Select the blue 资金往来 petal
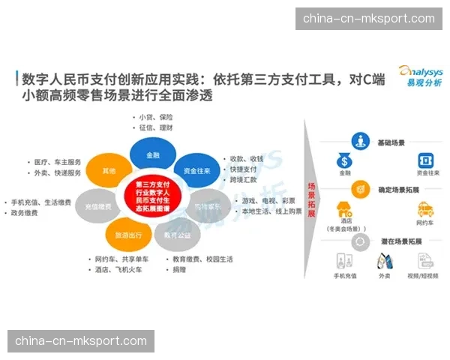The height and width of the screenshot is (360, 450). (194, 170)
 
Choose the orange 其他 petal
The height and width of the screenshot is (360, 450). (109, 172)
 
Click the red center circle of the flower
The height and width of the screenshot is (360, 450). (154, 197)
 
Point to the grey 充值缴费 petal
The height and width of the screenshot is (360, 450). (98, 206)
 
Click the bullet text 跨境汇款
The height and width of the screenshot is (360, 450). (244, 180)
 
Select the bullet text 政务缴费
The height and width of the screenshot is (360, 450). (24, 213)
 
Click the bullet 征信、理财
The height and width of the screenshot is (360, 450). (157, 128)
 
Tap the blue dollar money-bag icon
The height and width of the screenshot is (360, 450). (344, 161)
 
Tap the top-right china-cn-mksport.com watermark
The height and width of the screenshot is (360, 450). (368, 19)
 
